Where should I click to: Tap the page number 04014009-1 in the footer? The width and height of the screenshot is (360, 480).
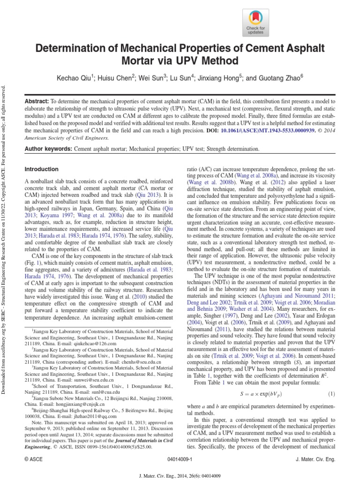180,460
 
